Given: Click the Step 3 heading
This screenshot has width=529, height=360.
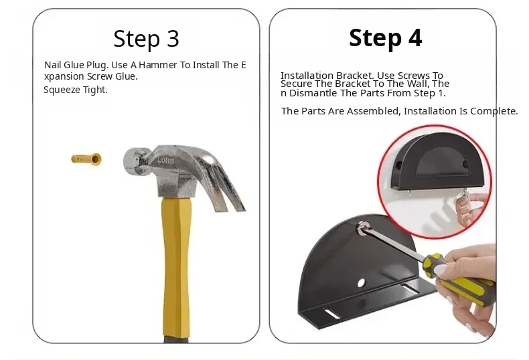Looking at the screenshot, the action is (x=146, y=39).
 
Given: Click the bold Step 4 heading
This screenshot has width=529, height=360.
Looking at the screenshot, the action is (x=385, y=38).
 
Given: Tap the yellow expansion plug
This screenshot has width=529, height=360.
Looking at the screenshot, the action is (x=86, y=159).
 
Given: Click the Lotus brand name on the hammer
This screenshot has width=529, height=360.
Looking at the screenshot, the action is (x=165, y=160).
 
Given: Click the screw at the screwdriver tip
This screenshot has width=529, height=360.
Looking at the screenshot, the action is (x=362, y=228).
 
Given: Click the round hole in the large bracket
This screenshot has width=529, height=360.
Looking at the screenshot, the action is (x=361, y=282).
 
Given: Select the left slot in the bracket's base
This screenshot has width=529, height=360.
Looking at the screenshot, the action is (x=331, y=313).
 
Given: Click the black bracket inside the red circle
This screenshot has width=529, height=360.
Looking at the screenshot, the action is (x=437, y=161).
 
